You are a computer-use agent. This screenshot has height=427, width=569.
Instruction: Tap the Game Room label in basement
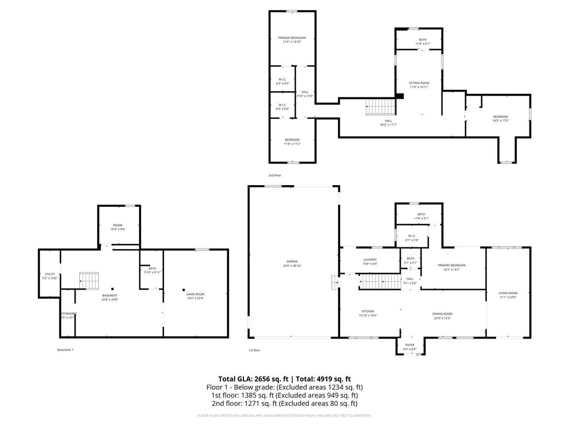pyautogui.click(x=195, y=296)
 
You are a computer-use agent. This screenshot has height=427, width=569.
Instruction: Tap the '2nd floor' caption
pyautogui.click(x=275, y=175)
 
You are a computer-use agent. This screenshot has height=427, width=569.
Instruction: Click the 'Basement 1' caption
pyautogui.click(x=65, y=350)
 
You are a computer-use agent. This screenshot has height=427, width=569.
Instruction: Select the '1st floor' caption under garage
pyautogui.click(x=254, y=350)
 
